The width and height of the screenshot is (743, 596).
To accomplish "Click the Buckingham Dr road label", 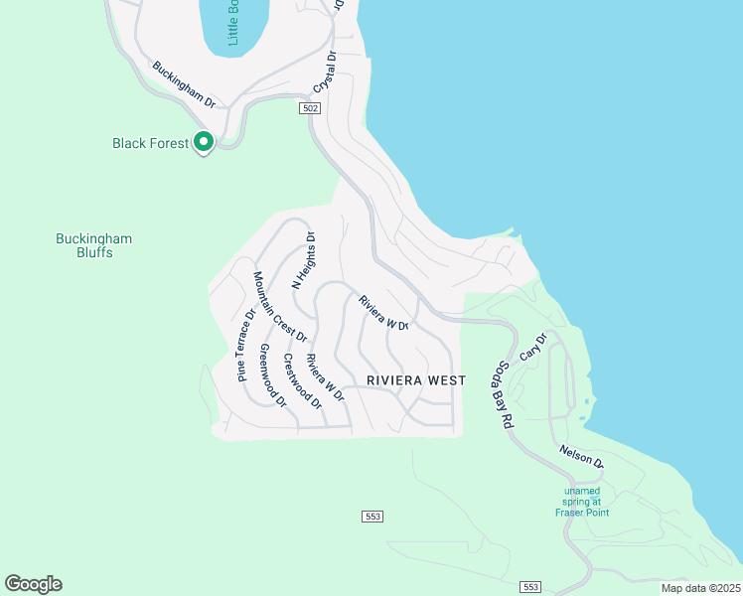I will click(x=184, y=84).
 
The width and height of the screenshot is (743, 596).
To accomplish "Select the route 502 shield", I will click(x=311, y=108).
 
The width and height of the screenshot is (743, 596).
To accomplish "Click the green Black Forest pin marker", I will click(x=204, y=143).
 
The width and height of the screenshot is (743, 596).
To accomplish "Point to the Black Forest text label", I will click(x=149, y=143).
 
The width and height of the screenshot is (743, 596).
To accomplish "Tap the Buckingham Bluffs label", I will click(x=92, y=245).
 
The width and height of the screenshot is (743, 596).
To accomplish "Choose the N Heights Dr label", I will click(x=303, y=260).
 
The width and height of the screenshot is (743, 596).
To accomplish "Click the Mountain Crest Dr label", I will click(x=280, y=307).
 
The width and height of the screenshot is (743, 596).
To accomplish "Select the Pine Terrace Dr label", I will click(x=245, y=345).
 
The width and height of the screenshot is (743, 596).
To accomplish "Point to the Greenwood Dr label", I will click(x=272, y=376).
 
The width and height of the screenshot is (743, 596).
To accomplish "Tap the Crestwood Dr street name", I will click(x=302, y=381).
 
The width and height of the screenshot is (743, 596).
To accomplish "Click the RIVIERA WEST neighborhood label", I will click(x=416, y=380).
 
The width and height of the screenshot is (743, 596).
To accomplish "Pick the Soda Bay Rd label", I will click(x=503, y=395).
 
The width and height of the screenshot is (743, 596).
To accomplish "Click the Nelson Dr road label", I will click(x=581, y=457).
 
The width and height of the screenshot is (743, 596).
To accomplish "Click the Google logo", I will click(x=33, y=584).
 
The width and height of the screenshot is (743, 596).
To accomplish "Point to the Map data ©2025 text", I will click(x=700, y=588).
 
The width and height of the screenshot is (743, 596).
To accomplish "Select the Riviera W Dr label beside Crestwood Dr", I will click(x=325, y=377).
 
